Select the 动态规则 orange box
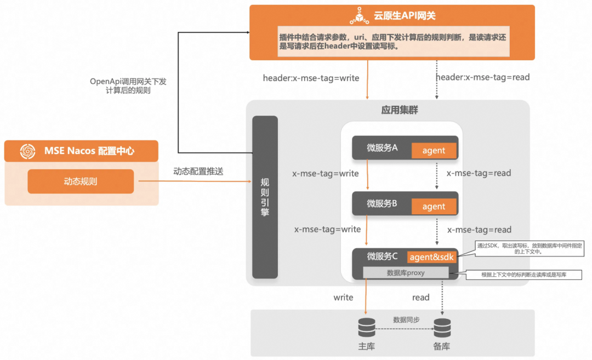coord(81,181)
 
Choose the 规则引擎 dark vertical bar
coord(265,197)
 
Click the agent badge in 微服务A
coord(434,151)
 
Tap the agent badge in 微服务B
coord(434,207)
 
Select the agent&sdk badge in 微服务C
coord(432,257)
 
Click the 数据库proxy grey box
coord(406,272)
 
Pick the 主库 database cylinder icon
coord(367,328)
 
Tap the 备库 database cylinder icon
coord(442,328)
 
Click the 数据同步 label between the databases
coord(406,319)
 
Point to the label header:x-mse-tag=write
coord(311,78)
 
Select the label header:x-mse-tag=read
coord(483,77)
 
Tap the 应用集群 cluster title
coord(400,110)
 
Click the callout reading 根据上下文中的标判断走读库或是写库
coord(523,275)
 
